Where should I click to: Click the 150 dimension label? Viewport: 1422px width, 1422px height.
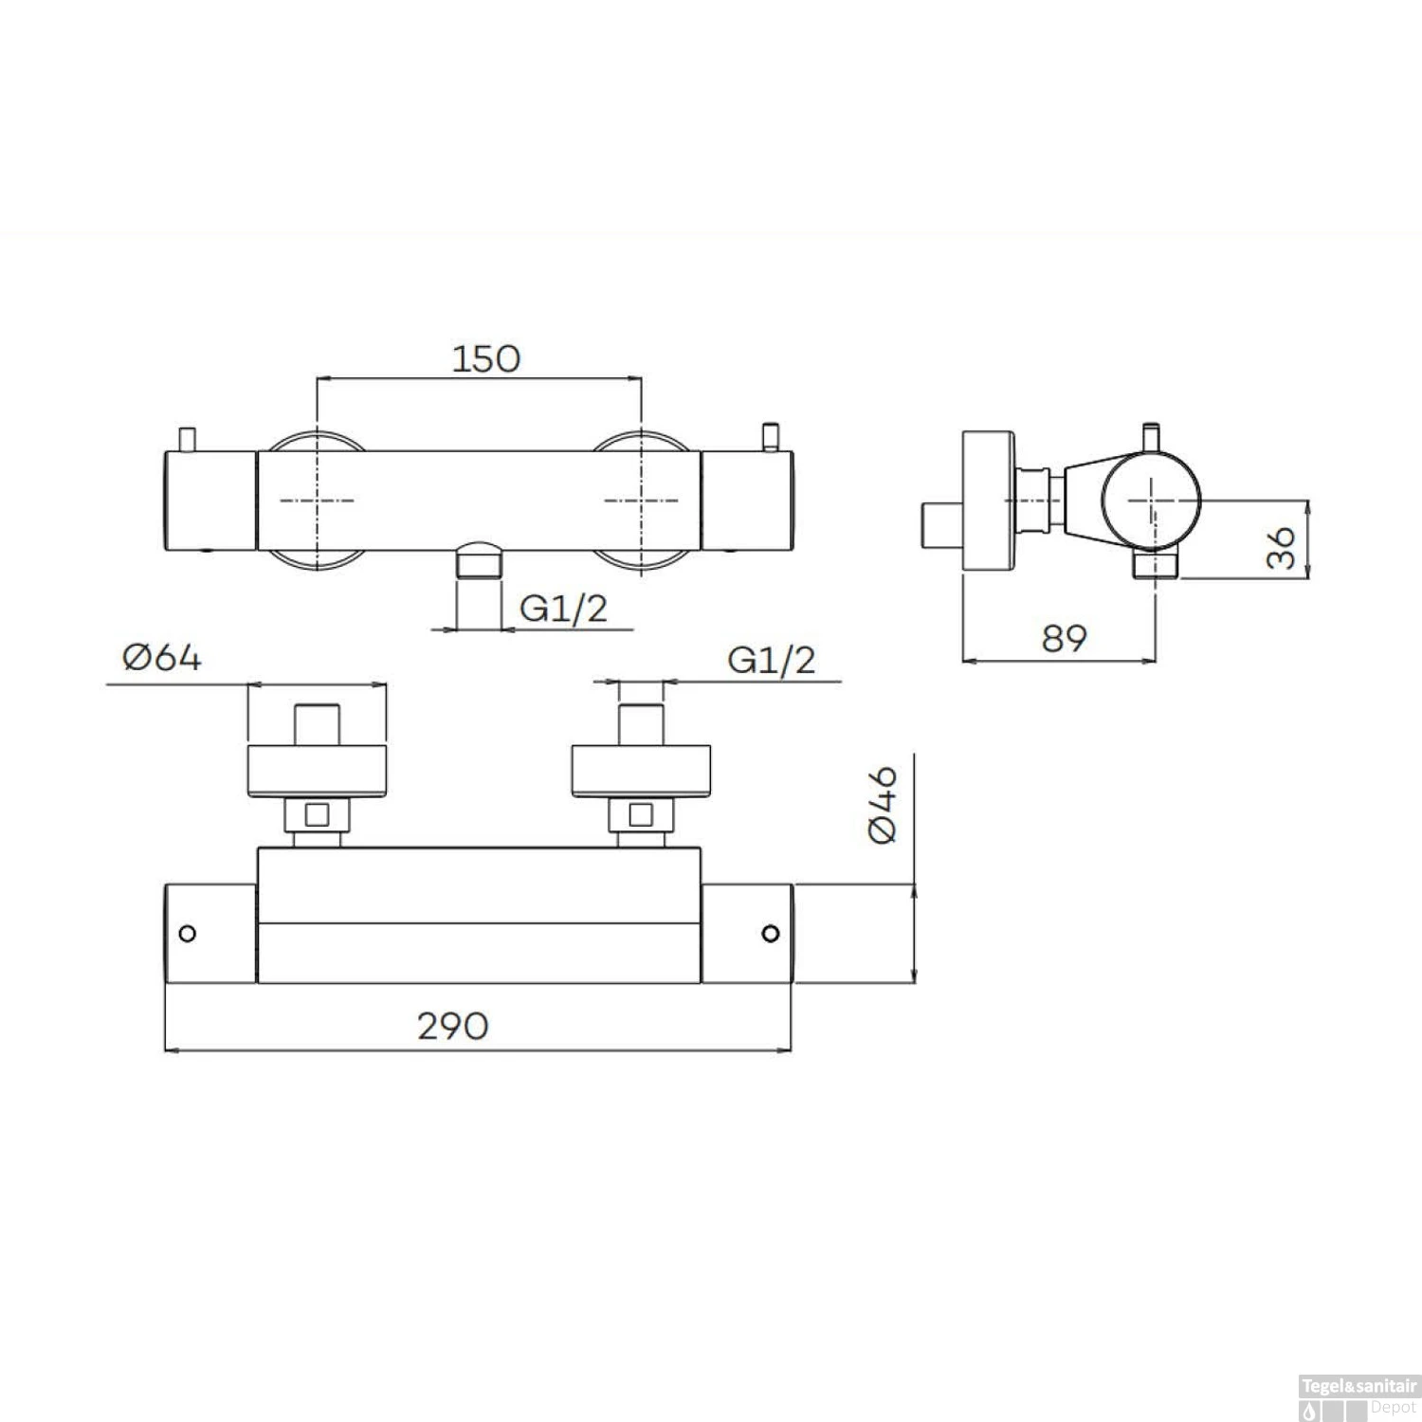point(485,359)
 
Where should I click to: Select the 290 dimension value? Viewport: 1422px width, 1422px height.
point(453,1026)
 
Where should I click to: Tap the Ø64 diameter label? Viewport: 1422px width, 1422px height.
point(162,657)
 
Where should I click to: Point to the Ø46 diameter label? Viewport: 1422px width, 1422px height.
point(883,805)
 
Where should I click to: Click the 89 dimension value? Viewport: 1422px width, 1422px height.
point(1064,638)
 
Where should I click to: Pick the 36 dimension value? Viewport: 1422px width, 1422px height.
point(1281,548)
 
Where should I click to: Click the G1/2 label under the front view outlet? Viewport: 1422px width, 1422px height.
point(563,608)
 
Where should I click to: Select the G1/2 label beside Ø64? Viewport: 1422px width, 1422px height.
point(771,660)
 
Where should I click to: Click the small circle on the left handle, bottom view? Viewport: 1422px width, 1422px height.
point(188,934)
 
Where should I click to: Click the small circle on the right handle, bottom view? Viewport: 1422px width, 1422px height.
point(771,934)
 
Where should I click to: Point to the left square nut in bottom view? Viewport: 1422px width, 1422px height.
point(317,814)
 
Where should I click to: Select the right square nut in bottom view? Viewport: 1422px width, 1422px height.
point(641,814)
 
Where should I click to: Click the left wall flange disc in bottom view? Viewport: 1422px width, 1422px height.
point(317,771)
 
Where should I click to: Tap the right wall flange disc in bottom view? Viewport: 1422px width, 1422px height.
point(641,771)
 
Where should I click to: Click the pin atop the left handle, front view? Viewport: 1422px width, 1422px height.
point(188,440)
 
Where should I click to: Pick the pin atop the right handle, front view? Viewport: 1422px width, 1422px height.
point(771,437)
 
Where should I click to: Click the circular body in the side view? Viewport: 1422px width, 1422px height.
point(1151,499)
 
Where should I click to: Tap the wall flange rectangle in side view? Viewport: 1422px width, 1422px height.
point(988,501)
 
